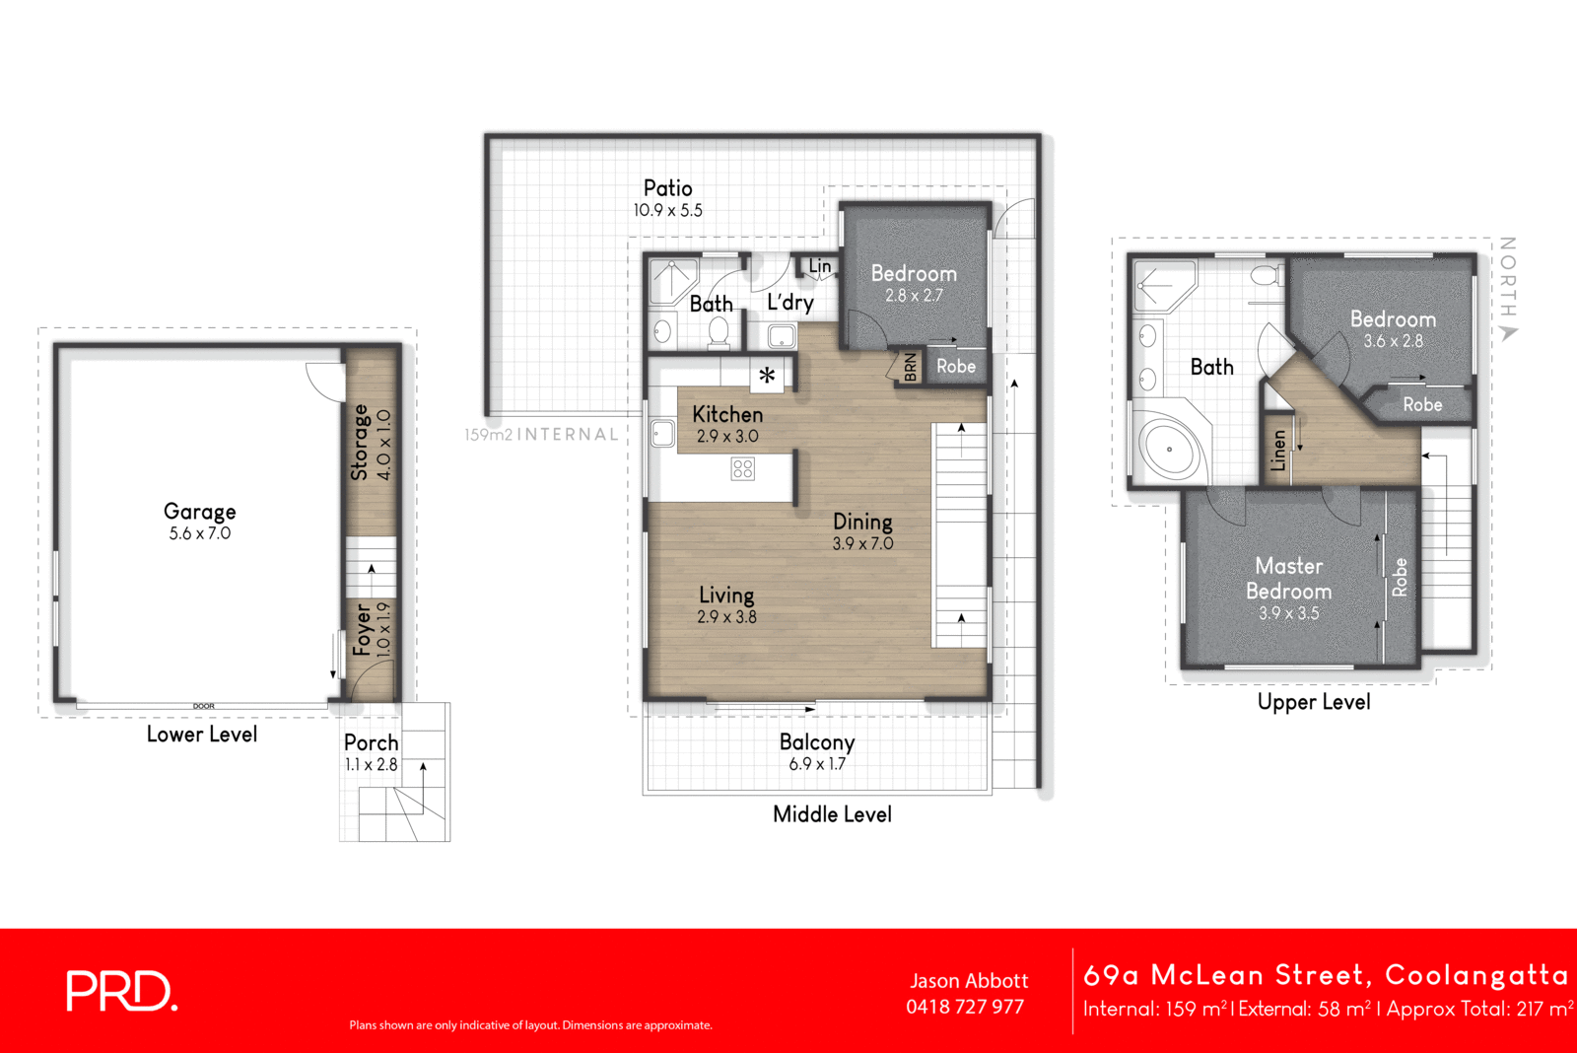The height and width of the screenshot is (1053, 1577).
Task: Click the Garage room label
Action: [200, 511]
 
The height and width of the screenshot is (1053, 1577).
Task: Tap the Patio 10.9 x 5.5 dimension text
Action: [667, 210]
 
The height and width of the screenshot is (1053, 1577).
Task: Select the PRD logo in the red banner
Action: [121, 991]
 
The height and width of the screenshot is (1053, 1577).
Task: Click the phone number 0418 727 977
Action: [965, 1007]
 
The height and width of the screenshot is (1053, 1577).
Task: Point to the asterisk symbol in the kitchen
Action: [767, 375]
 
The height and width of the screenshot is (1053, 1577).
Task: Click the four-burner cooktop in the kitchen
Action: [742, 468]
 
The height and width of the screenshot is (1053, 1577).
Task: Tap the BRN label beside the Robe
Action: [910, 367]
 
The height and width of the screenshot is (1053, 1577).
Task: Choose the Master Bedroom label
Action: [1288, 579]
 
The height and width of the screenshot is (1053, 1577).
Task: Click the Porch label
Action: [372, 742]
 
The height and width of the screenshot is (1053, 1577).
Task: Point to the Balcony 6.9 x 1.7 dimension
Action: [817, 764]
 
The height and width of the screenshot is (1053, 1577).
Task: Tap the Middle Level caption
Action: [832, 814]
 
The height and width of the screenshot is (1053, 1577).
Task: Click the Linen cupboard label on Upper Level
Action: [1278, 450]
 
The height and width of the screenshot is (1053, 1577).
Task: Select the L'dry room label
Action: [790, 302]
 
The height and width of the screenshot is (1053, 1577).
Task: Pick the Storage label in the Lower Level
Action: [360, 442]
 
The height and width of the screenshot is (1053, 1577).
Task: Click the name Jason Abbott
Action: [969, 981]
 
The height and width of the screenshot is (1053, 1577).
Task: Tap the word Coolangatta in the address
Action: [1475, 975]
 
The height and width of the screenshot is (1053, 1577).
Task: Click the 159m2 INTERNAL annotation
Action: [541, 434]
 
